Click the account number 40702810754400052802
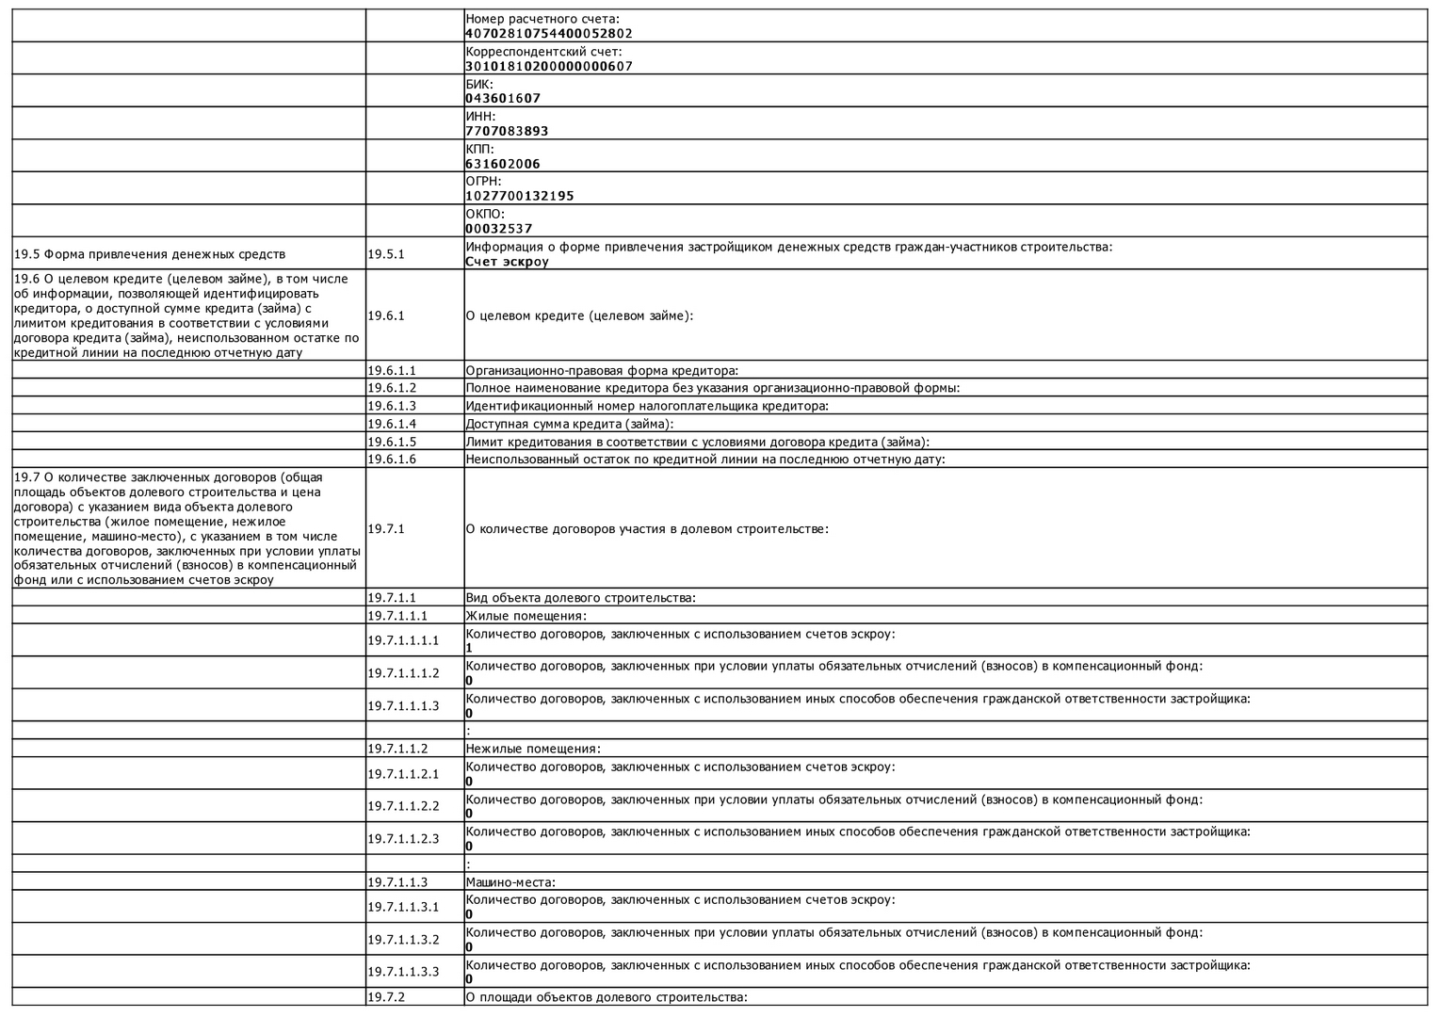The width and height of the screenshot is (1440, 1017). tap(548, 34)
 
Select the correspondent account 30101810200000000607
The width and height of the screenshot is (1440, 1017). tap(548, 67)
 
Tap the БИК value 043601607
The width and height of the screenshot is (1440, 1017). tap(503, 99)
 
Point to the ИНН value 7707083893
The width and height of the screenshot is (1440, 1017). tap(507, 132)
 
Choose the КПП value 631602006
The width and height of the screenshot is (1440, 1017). tap(503, 164)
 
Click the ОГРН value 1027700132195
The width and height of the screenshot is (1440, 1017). tap(519, 197)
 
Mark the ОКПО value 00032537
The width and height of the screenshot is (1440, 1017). tap(498, 229)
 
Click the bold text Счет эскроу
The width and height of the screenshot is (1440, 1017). tap(507, 262)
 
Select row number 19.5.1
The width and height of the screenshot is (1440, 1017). tap(386, 254)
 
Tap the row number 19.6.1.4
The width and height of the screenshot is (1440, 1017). tap(392, 424)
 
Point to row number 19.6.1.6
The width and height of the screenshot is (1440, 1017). tap(392, 460)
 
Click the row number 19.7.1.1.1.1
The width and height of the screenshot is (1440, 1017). tap(403, 640)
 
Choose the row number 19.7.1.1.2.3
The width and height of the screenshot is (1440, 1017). tap(403, 839)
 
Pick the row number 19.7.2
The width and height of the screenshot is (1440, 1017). tap(386, 997)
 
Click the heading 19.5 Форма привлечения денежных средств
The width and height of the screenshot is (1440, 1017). tap(150, 254)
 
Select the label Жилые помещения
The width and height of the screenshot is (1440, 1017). tap(526, 616)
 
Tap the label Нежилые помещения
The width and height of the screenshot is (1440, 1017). tap(533, 750)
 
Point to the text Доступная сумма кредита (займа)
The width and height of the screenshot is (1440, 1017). tap(570, 424)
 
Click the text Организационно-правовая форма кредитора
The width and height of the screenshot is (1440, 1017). tap(602, 371)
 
